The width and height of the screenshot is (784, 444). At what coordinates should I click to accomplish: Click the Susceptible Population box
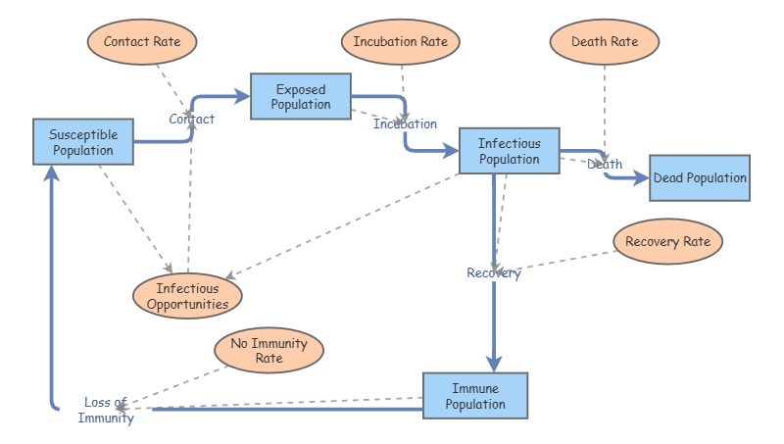pos(83,142)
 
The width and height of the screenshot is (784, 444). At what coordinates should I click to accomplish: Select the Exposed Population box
pos(301,96)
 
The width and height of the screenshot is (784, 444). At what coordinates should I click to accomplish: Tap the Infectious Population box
pos(509,151)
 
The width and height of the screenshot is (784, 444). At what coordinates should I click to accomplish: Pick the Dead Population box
pos(700,178)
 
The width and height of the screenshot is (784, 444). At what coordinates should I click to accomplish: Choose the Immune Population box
pos(475,396)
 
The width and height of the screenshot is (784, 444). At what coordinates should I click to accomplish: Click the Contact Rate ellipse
pos(142,42)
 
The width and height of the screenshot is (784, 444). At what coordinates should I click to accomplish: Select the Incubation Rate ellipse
pos(401,42)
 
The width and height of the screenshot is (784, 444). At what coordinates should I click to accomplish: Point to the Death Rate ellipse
pos(605,42)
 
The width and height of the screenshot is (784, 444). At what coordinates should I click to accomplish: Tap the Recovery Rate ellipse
pos(667,241)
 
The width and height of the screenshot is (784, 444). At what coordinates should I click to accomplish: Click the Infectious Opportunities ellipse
pos(187,296)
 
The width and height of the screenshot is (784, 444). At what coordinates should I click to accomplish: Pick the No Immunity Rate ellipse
pos(269,351)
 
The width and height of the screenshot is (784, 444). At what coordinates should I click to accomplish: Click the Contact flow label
pos(191,119)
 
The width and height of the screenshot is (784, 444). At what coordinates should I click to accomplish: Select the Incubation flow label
pos(405,124)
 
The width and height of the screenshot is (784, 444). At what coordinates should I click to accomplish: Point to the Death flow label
pos(605,164)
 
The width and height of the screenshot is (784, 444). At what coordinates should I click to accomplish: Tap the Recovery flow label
pos(494,273)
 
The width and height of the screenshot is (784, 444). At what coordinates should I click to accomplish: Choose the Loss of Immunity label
pos(106,410)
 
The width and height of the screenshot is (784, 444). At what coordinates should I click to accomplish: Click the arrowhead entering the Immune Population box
pos(494,364)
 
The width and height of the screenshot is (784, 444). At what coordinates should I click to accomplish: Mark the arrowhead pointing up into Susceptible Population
pos(52,173)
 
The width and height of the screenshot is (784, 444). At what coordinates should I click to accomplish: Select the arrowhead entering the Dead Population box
pos(641,178)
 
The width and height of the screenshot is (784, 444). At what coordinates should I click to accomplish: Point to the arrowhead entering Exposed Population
pos(242,96)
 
